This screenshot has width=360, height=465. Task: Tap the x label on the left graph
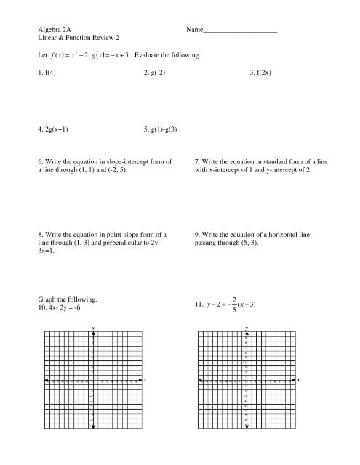(x=145, y=380)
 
